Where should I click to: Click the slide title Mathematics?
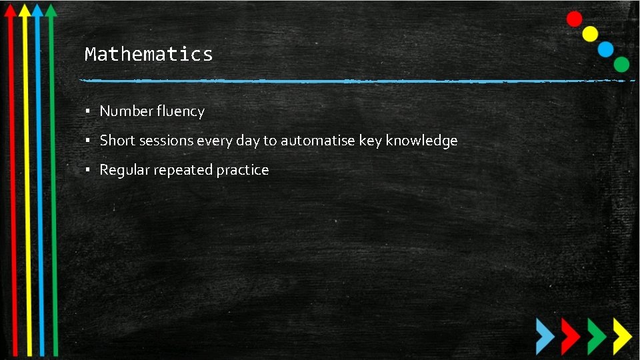[x=149, y=54]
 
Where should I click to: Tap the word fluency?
[x=181, y=111]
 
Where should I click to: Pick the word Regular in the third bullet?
[x=125, y=170]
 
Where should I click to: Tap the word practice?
[x=243, y=170]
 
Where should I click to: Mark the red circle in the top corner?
[x=574, y=19]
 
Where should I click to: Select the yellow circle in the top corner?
[x=590, y=33]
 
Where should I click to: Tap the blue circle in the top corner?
[x=605, y=49]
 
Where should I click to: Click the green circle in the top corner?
[x=621, y=64]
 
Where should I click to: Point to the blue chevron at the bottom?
[x=545, y=335]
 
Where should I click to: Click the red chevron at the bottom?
[x=570, y=335]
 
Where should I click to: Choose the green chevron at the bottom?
[x=595, y=335]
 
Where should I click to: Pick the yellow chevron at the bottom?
[x=621, y=335]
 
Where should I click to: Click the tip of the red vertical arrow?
[x=10, y=7]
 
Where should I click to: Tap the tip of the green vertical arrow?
[x=51, y=7]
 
